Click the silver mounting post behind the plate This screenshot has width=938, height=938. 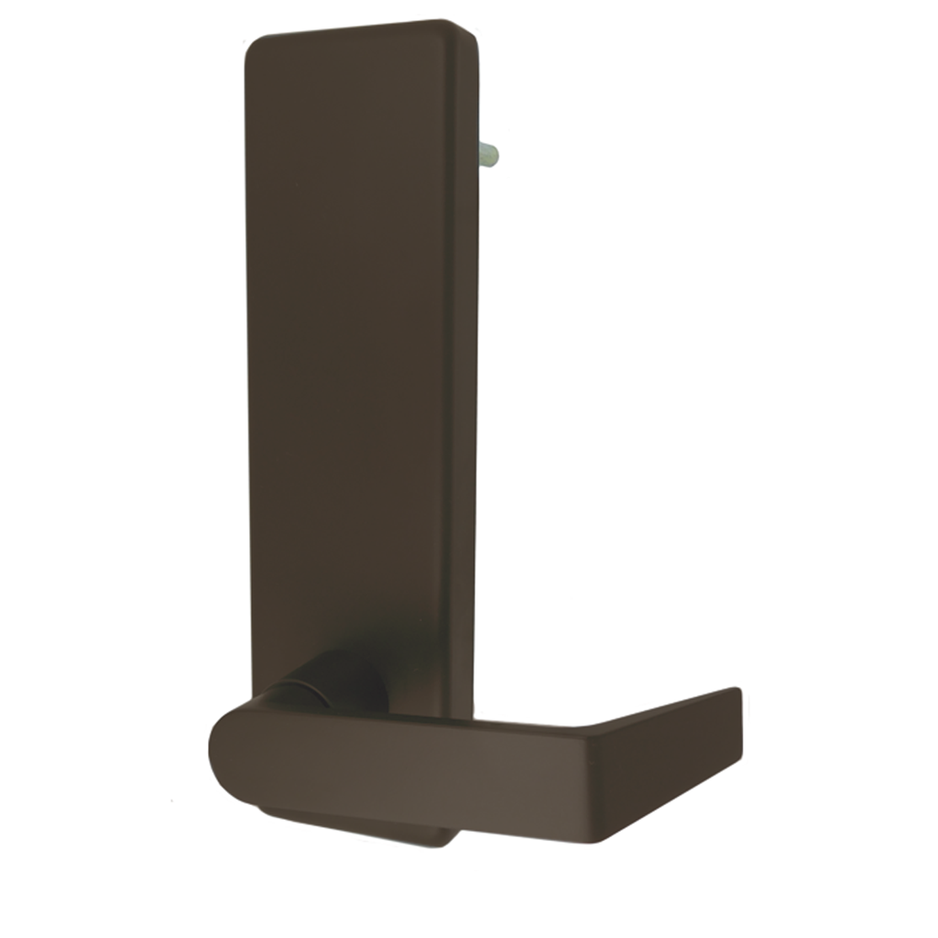[486, 155]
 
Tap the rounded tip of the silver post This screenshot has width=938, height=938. [495, 155]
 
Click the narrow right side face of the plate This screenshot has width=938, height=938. [466, 366]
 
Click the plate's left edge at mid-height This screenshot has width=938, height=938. [248, 366]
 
